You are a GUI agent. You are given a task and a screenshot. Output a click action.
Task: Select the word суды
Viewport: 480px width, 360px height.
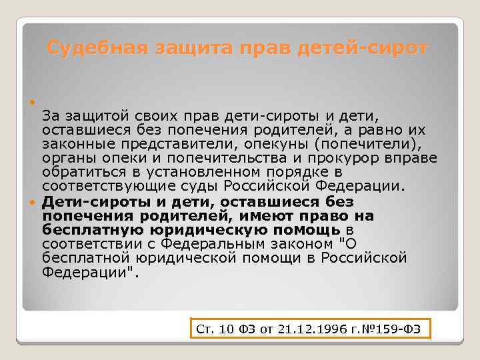200,185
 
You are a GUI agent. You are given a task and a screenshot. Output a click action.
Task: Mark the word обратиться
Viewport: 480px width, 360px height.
78,171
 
